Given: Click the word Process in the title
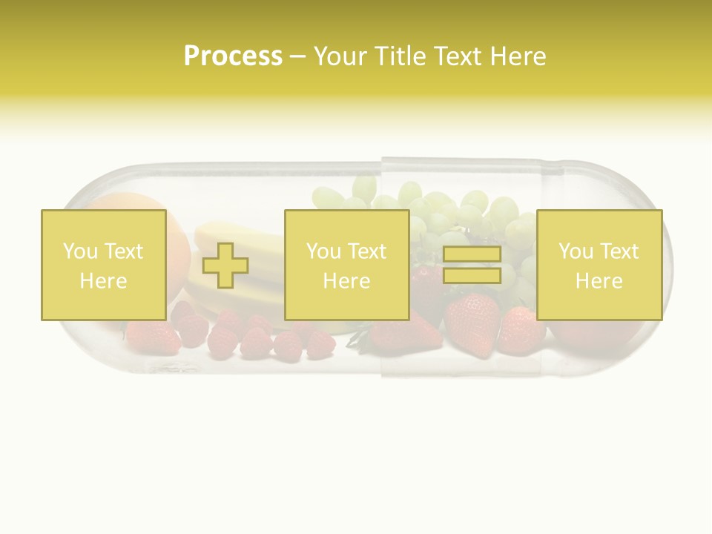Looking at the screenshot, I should point(233,56).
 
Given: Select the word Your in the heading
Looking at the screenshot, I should point(342,56).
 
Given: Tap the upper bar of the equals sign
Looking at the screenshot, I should point(472,254).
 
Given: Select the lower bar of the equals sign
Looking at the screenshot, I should point(472,276).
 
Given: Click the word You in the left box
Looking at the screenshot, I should point(79,251).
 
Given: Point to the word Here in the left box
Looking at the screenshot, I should point(103,281).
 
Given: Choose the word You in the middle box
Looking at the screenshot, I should point(323,251).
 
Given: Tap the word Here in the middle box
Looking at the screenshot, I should point(346,281).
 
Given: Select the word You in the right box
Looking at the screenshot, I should point(575,251).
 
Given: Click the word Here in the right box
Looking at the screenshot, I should point(599,281).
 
